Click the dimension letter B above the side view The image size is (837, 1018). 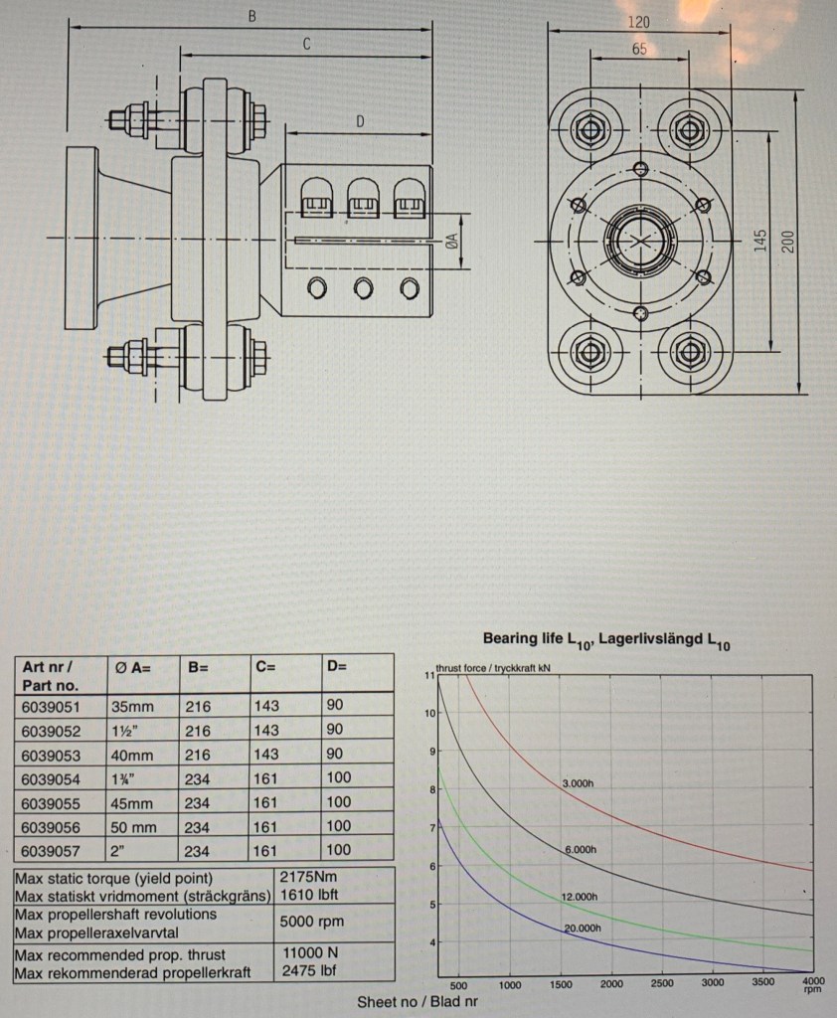coord(251,17)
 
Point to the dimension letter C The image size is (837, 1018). coord(307,44)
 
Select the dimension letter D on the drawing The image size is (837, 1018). coord(361,121)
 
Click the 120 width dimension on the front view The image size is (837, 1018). coord(639,21)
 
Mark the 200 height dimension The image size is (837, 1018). coord(789,241)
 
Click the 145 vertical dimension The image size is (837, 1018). coord(760,241)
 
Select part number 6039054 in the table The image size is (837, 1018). coord(51,778)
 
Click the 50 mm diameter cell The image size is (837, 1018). coord(133,826)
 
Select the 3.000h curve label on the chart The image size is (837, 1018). coord(579,784)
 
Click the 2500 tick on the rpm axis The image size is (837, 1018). coord(661,984)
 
